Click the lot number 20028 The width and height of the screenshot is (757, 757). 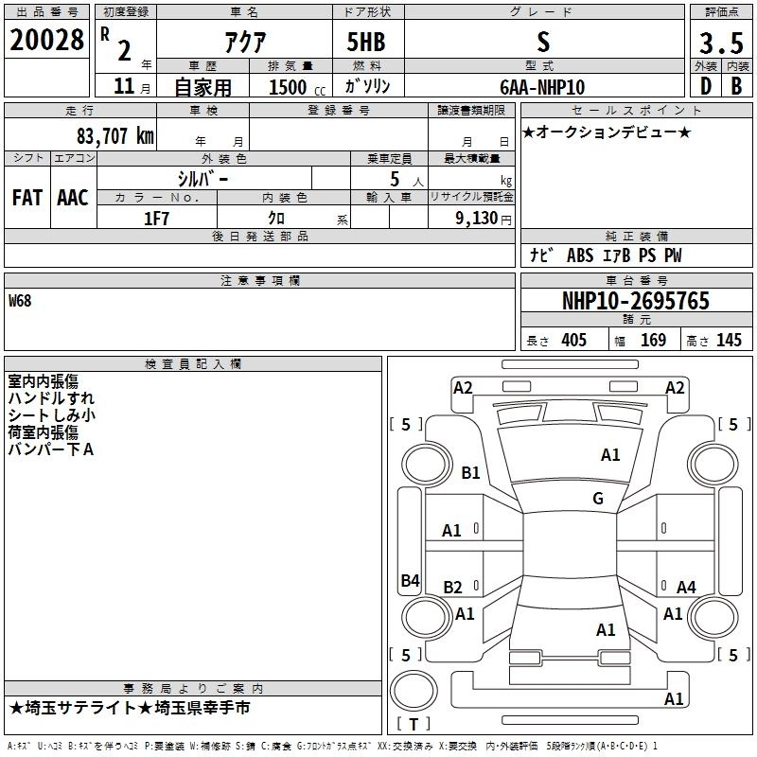click(46, 40)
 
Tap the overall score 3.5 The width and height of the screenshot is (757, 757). click(721, 43)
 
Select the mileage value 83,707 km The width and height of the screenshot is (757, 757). click(115, 136)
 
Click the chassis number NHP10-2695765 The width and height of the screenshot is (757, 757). click(636, 301)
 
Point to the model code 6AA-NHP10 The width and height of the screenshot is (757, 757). click(542, 87)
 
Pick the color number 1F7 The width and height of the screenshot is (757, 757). click(156, 219)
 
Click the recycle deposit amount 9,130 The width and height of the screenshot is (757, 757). click(477, 219)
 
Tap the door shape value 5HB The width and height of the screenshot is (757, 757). click(366, 42)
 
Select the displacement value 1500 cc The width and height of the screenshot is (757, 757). click(297, 87)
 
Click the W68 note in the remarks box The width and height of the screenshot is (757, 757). click(20, 301)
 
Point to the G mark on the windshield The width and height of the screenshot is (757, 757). click(598, 498)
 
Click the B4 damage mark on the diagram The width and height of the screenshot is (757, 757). click(410, 580)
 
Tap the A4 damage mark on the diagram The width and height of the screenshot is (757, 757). click(686, 587)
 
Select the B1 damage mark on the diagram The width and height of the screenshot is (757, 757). click(470, 472)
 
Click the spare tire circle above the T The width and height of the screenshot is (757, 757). click(414, 691)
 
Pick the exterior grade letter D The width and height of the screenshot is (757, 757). click(706, 86)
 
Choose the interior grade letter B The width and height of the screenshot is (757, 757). click(737, 86)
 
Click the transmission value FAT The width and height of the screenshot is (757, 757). click(27, 198)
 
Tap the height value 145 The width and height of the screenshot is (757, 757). click(729, 340)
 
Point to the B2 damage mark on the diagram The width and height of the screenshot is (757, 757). click(452, 587)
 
